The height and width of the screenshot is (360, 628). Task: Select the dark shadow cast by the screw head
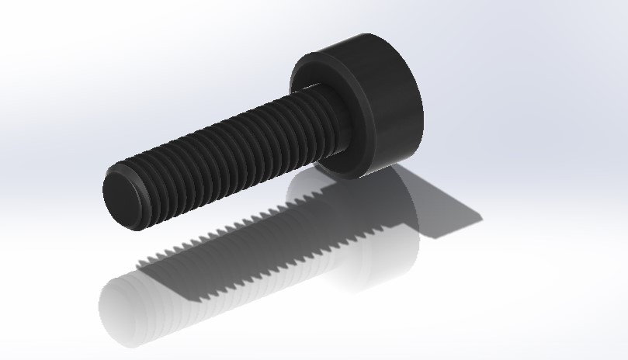(x=435, y=209)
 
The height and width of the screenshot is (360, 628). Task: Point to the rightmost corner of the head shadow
(x=481, y=219)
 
